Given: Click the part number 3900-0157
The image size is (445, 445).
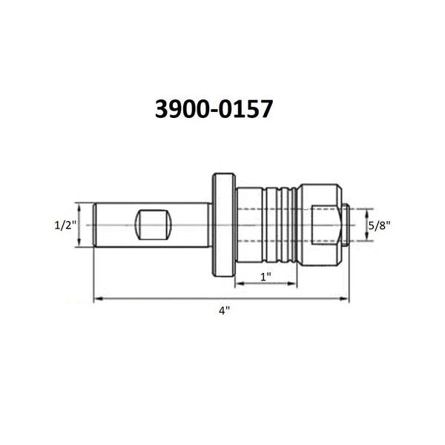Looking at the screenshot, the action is click(214, 109).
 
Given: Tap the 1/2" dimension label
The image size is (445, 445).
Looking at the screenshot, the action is click(65, 225).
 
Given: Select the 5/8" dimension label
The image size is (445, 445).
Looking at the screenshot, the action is click(380, 225).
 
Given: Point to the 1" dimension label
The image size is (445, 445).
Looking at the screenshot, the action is click(266, 277).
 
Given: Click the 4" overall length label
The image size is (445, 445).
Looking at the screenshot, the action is click(224, 311).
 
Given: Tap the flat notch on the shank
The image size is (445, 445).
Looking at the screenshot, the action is click(154, 225).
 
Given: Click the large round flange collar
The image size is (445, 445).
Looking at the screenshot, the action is click(224, 225).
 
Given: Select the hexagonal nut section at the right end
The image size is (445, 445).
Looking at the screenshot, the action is click(320, 225).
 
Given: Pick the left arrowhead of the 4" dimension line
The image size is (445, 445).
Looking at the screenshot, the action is click(98, 299).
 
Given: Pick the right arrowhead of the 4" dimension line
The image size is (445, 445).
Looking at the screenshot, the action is click(345, 299).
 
